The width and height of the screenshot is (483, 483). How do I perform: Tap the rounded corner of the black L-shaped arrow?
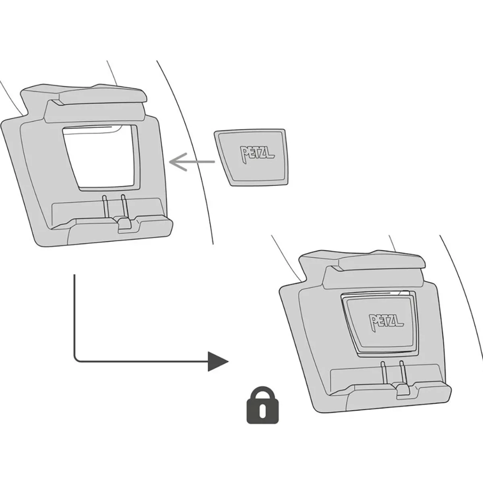coord(76,360)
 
